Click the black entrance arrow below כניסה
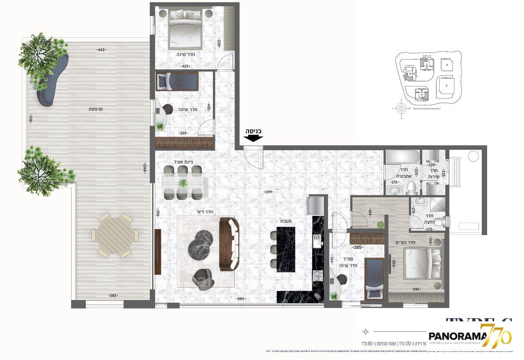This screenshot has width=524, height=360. pos(253,138)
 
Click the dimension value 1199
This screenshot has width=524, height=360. pos(268,192)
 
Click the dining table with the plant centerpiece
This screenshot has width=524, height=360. pos(183,182)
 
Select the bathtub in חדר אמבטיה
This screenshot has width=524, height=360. pos(403,157)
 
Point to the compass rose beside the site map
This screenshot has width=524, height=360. pos(401,108)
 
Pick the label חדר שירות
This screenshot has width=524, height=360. pos(434,173)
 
